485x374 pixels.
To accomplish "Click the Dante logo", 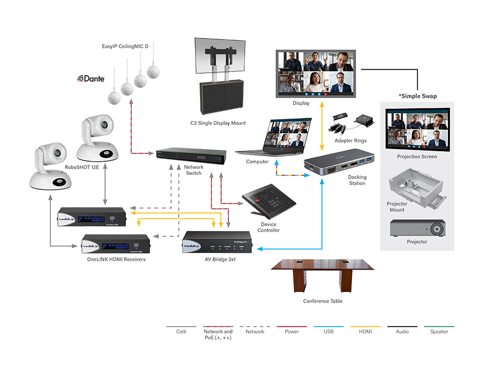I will pyautogui.click(x=91, y=79).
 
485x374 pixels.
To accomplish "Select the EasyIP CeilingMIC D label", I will pyautogui.click(x=125, y=47).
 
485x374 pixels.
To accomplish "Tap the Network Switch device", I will pyautogui.click(x=191, y=155).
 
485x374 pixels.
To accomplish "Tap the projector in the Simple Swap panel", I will pyautogui.click(x=417, y=228).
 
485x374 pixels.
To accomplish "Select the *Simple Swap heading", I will pyautogui.click(x=417, y=96).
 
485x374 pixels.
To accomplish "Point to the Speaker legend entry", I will pyautogui.click(x=439, y=332).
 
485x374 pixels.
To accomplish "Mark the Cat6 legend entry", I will pyautogui.click(x=180, y=332).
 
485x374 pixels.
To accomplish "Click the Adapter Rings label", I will pyautogui.click(x=351, y=141).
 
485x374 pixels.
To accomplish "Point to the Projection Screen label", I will pyautogui.click(x=417, y=157).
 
